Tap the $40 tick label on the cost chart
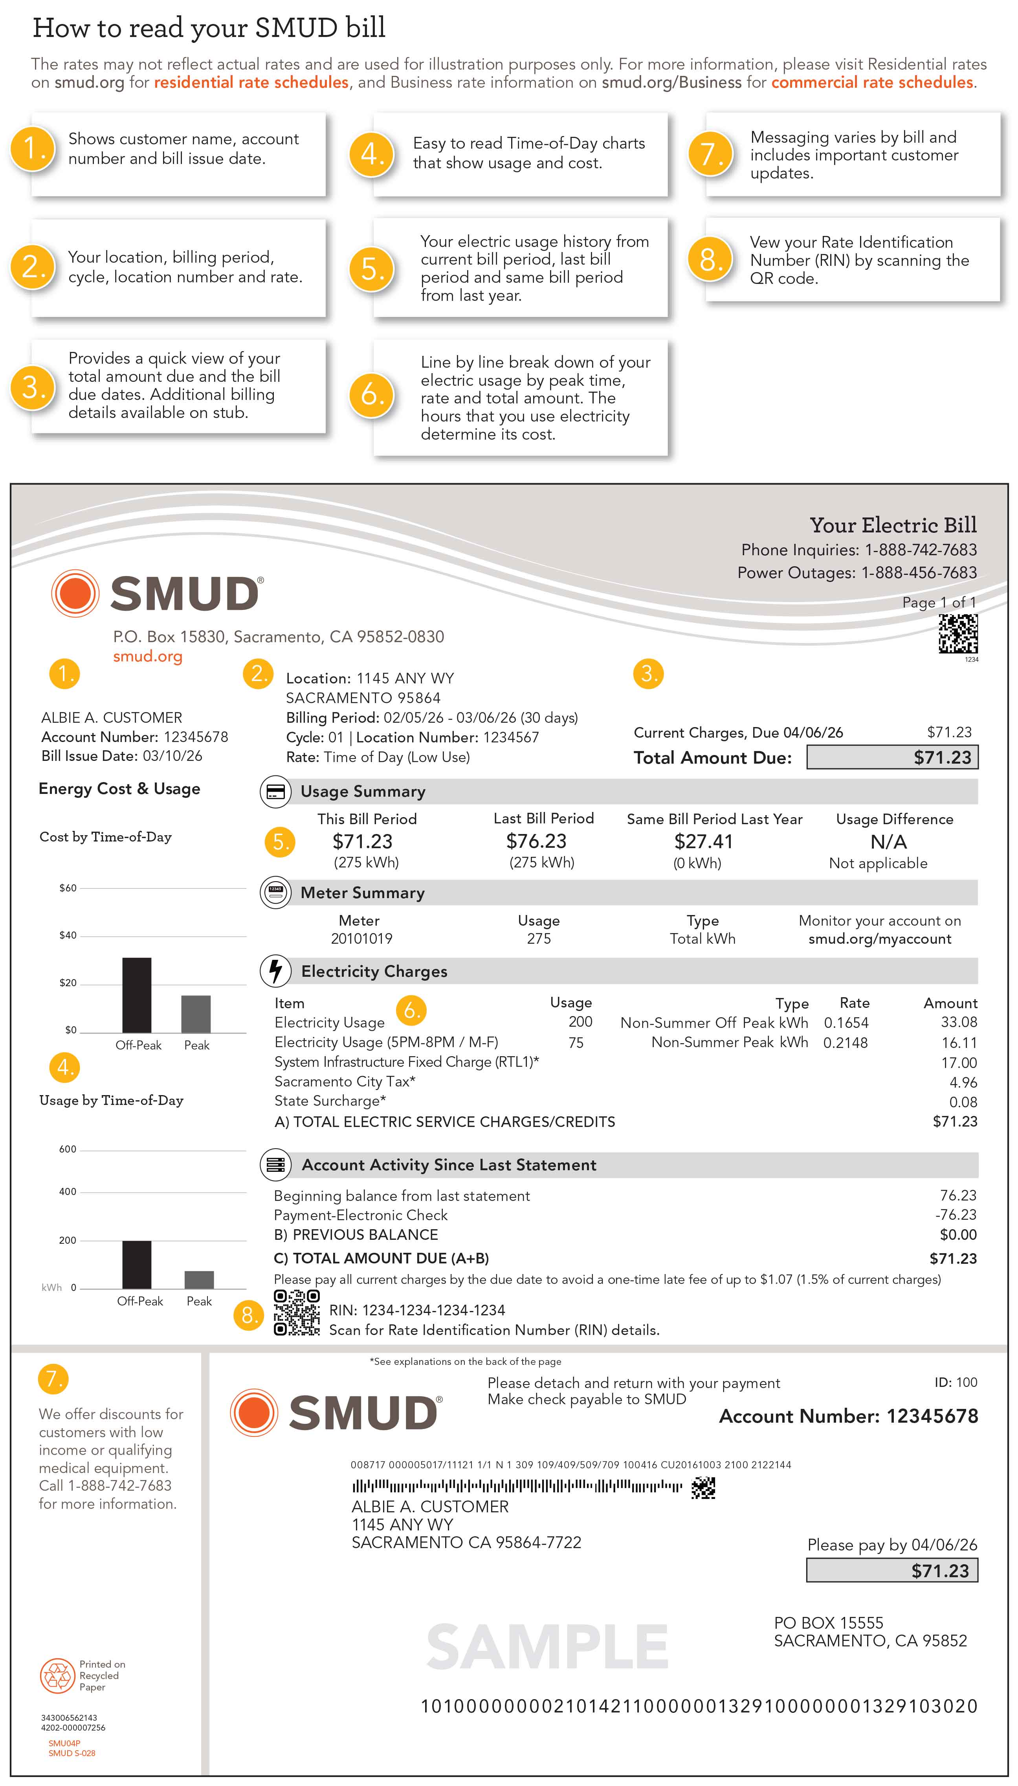coord(68,935)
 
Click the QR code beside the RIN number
coord(297,1313)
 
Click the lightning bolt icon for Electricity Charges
coord(275,970)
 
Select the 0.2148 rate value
coord(845,1042)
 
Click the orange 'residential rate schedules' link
coord(251,83)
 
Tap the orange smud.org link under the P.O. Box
coord(147,656)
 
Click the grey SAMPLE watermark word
coord(547,1647)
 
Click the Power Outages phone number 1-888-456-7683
coord(919,572)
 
